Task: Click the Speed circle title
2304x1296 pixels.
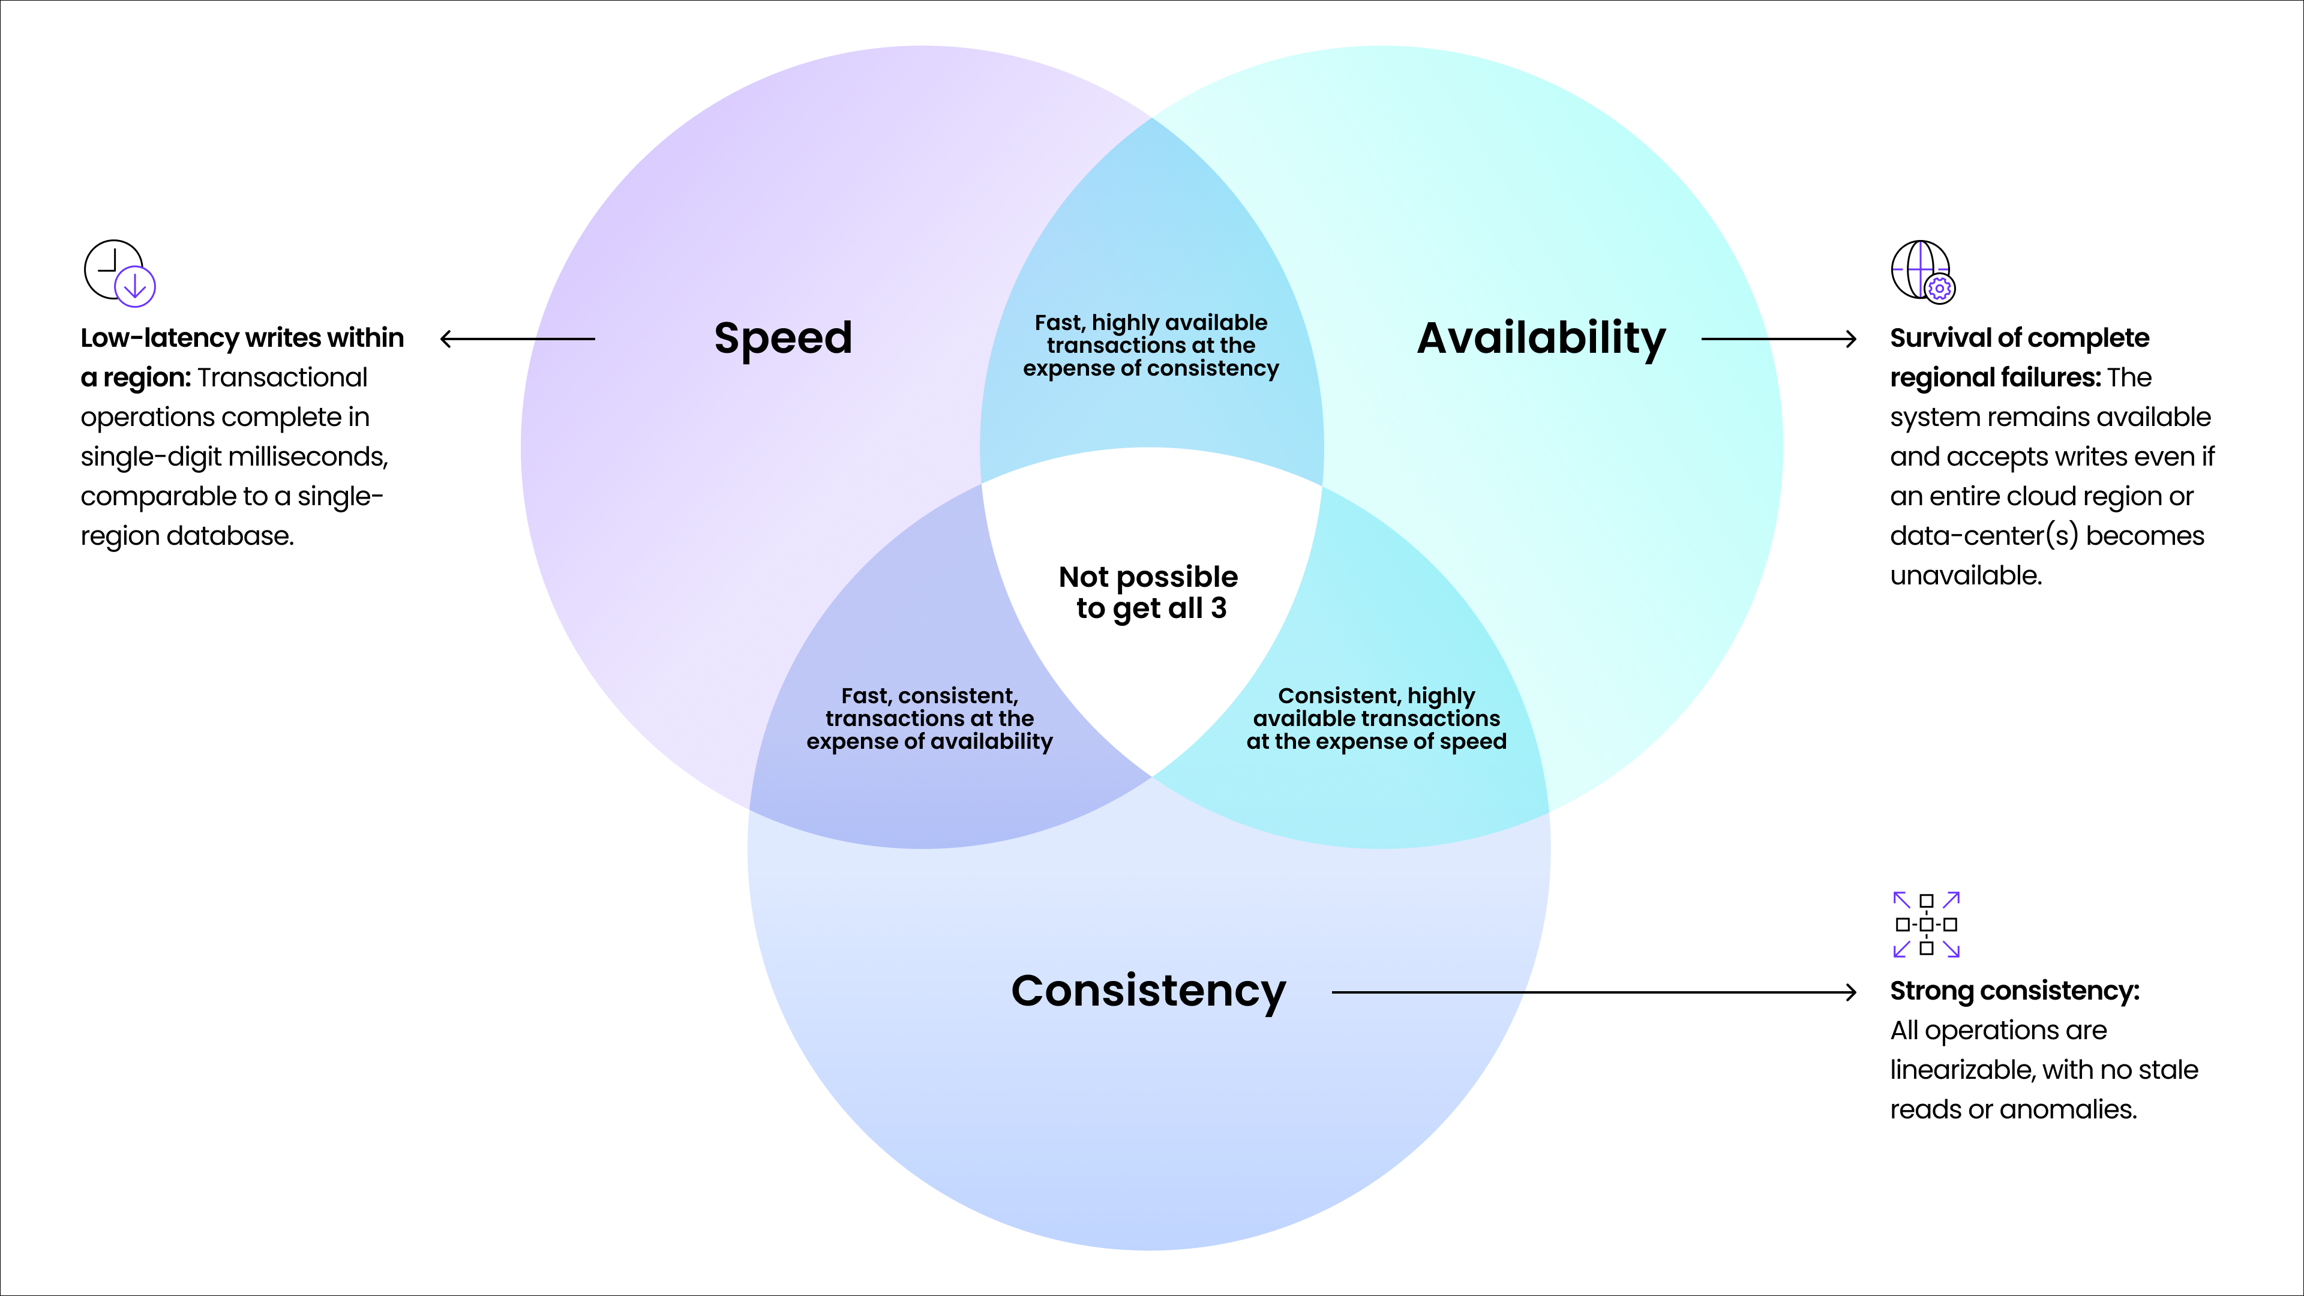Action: pyautogui.click(x=782, y=338)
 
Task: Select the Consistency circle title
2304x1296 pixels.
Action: pyautogui.click(x=1148, y=991)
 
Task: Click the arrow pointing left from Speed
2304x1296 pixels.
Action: pyautogui.click(x=518, y=339)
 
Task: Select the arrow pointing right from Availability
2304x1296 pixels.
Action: pyautogui.click(x=1778, y=339)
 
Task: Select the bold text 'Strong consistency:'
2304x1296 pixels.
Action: pyautogui.click(x=2014, y=991)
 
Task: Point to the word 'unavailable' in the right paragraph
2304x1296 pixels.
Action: pyautogui.click(x=1964, y=575)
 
